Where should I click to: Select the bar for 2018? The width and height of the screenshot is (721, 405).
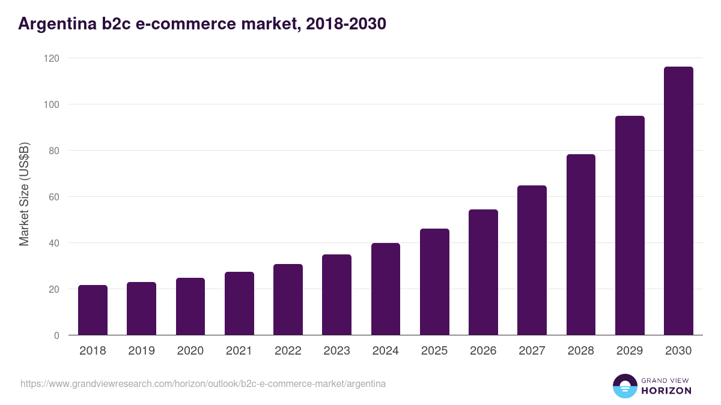93,310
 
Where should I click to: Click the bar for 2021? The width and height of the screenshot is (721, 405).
239,304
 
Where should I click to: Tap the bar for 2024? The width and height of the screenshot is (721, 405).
386,289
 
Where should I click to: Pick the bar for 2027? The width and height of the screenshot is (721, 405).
532,260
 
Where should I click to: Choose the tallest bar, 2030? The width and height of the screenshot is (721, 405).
678,201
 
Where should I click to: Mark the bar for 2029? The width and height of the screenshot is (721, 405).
630,226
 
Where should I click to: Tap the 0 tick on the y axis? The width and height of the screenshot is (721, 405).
56,335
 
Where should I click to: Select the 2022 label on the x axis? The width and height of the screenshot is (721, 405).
288,351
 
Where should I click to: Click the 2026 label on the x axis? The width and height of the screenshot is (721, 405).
483,351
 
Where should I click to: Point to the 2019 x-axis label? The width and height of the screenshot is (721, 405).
142,351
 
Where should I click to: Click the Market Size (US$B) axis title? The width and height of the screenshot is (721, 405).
25,194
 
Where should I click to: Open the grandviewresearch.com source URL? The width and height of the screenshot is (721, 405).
203,383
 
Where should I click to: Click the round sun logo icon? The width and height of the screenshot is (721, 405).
624,386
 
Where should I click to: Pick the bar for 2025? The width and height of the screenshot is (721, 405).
434,282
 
